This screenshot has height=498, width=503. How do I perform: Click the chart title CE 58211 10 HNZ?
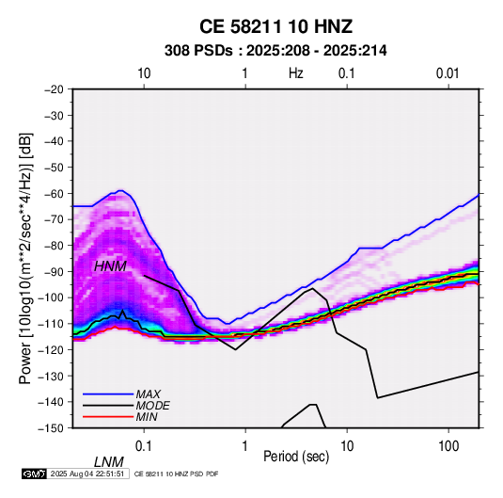pos(275,26)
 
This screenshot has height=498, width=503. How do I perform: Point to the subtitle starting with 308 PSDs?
pos(275,51)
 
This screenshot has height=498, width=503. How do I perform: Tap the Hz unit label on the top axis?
pos(296,73)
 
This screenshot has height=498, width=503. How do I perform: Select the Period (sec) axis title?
pos(296,457)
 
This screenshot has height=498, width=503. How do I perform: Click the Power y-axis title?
pos(25,259)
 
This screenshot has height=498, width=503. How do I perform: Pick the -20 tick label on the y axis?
pos(54,89)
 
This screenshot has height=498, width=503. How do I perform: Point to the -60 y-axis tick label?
pos(54,193)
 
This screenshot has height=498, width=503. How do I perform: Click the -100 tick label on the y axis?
pos(51,297)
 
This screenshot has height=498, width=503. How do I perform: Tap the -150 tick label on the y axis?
pos(51,428)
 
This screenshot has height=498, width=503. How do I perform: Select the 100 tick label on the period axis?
pos(448,446)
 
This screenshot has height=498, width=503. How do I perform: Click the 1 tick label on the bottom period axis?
pos(244,446)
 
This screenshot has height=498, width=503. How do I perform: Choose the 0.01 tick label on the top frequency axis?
pos(448,73)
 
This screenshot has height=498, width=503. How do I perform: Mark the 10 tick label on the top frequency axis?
pos(144,73)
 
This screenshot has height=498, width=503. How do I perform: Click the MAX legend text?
pos(149,394)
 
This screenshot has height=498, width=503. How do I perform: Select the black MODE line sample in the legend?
pos(108,406)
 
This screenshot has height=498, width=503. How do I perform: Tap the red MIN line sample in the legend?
pos(108,417)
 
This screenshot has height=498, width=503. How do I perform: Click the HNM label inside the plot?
pos(110,266)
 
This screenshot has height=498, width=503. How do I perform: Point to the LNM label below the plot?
pos(109,462)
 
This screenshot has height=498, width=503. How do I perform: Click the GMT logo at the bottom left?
pos(34,474)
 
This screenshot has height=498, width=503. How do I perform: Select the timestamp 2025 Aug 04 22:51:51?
pos(87,474)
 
